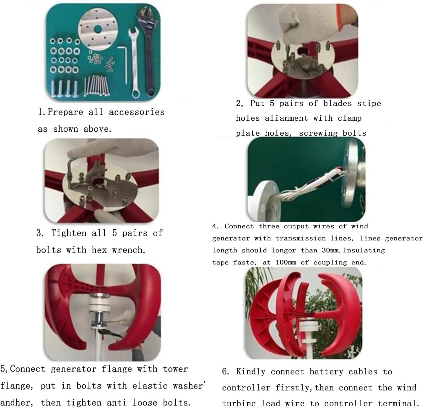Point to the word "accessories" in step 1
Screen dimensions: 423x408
[x=136, y=112]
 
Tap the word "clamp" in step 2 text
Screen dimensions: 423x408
[x=349, y=118]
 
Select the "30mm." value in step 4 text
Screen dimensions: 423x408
[x=332, y=250]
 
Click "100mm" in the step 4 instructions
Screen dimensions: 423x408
[x=286, y=262]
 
